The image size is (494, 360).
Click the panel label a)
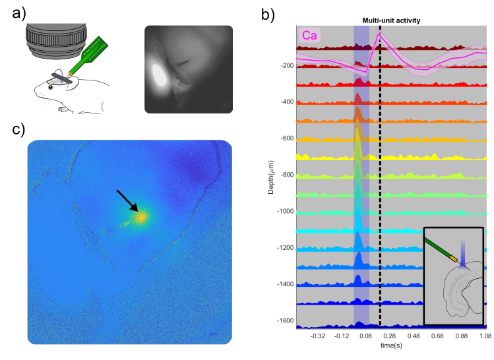pos(13,13)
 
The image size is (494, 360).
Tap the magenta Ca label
pos(311,36)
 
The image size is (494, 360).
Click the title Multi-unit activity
pos(391,20)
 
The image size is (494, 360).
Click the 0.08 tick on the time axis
pos(366,336)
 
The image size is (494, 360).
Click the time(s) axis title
pos(391,345)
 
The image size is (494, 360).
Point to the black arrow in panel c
pos(128,201)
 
